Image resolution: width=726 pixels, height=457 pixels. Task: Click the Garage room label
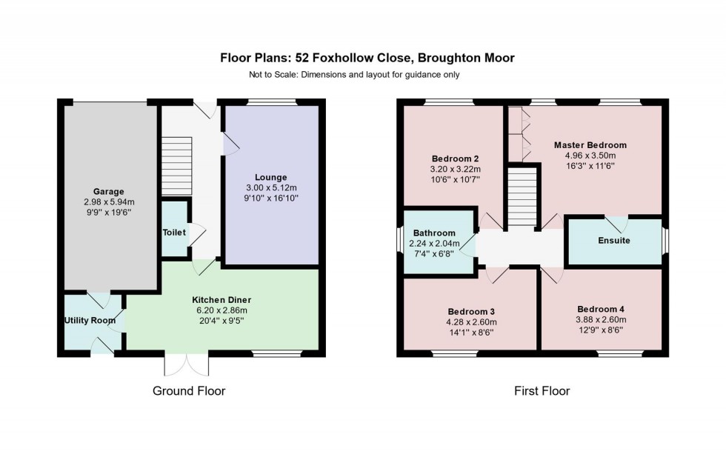pos(108,191)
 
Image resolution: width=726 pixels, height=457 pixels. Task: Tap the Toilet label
pos(174,232)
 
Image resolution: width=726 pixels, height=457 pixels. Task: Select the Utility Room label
pos(88,320)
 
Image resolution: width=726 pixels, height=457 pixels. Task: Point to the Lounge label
pos(270,176)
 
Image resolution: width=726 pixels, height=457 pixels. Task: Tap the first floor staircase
pos(522,197)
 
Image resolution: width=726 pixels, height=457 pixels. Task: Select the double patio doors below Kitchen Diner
pos(187,364)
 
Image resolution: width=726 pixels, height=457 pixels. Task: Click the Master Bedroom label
pos(590,145)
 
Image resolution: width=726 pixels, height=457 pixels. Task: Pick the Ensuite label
pos(613,241)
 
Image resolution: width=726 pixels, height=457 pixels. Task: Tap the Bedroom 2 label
pos(455,159)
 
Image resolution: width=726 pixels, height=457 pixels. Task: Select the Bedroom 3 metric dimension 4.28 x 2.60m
pos(471,322)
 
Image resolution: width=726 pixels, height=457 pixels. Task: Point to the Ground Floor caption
pos(188,390)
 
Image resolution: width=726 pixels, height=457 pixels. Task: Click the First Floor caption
pos(542,390)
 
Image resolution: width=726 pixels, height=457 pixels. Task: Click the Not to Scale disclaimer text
pos(354,74)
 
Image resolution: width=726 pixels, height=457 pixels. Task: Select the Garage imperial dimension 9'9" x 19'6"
pos(108,211)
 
